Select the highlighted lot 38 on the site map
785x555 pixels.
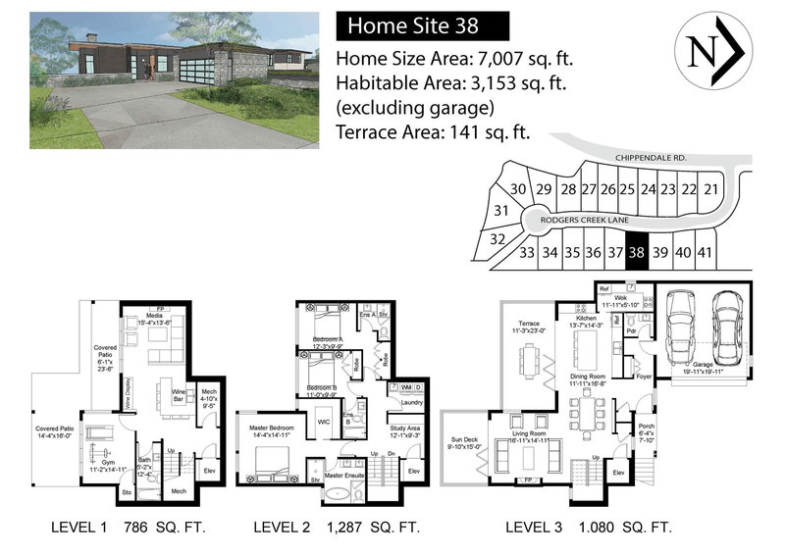coord(637,252)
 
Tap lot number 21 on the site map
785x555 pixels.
coord(711,189)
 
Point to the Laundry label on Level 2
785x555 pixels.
coord(412,402)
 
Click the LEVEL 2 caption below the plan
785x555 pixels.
coord(283,528)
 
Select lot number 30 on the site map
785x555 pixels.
coord(519,189)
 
